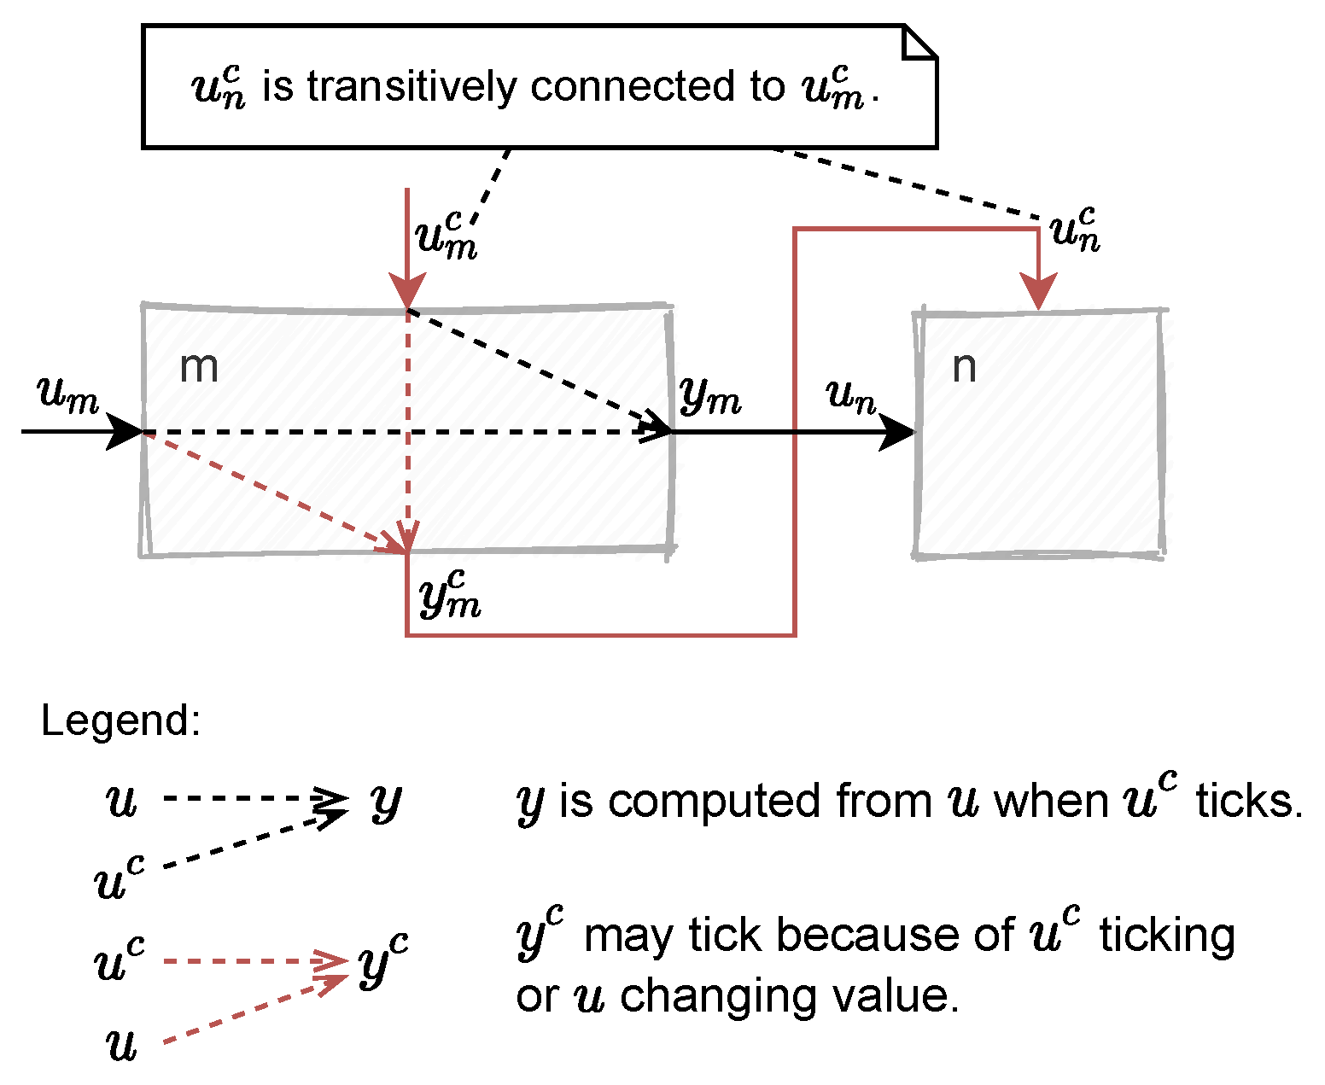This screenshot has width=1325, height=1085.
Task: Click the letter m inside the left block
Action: click(199, 368)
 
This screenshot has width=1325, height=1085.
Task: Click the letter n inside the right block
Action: click(964, 368)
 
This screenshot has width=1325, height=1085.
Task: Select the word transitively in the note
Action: click(412, 87)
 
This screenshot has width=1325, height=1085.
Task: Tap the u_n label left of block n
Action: click(850, 396)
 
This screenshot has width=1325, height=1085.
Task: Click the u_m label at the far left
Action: click(67, 395)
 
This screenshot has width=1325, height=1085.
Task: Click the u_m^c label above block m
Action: click(446, 234)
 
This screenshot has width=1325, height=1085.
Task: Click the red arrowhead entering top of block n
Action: click(1038, 292)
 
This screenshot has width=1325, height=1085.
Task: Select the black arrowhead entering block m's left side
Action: click(125, 432)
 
